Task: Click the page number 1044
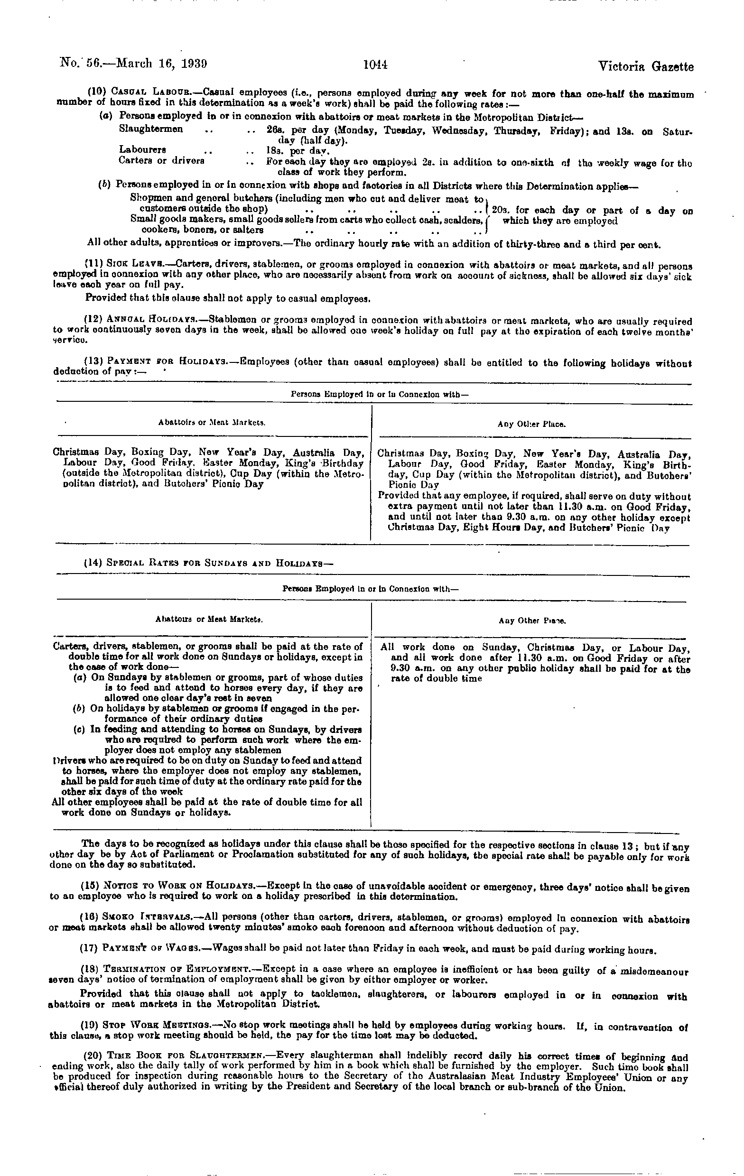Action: (375, 65)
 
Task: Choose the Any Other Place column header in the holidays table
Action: (531, 425)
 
